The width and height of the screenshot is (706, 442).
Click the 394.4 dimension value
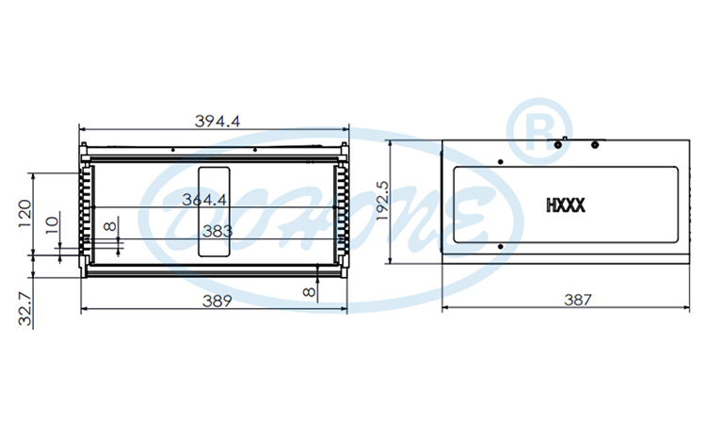[217, 121]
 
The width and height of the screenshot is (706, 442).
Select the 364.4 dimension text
[204, 200]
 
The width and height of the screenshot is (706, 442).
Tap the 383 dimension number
[217, 231]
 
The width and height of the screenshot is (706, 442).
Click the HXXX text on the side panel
[566, 204]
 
